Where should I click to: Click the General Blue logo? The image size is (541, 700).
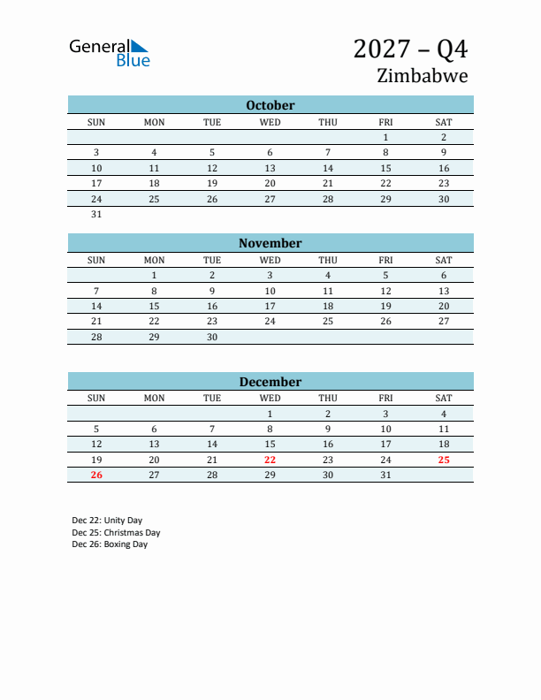tap(110, 53)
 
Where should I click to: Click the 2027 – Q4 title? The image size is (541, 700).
tap(410, 48)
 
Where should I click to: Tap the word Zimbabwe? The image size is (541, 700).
tap(422, 75)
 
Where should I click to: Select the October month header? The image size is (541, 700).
tap(270, 105)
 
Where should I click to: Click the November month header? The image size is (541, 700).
tap(270, 243)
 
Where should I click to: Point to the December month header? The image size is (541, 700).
tap(270, 382)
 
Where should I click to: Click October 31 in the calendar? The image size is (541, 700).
tap(96, 214)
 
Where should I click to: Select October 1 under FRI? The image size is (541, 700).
tap(385, 137)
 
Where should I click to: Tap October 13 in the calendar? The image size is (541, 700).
tap(270, 168)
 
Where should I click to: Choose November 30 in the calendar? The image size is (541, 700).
tap(212, 337)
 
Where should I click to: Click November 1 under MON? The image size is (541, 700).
tap(154, 275)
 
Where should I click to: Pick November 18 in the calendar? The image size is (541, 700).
tap(328, 306)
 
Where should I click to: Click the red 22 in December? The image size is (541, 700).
tap(270, 460)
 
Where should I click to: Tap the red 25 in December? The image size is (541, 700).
tap(444, 460)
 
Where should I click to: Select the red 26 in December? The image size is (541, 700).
tap(96, 475)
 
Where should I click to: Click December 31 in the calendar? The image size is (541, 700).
tap(385, 475)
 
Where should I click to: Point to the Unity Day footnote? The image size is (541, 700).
tap(107, 521)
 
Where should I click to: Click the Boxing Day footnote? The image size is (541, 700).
tap(110, 544)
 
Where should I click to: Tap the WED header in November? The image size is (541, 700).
tap(270, 260)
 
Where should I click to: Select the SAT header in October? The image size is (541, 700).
tap(444, 122)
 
